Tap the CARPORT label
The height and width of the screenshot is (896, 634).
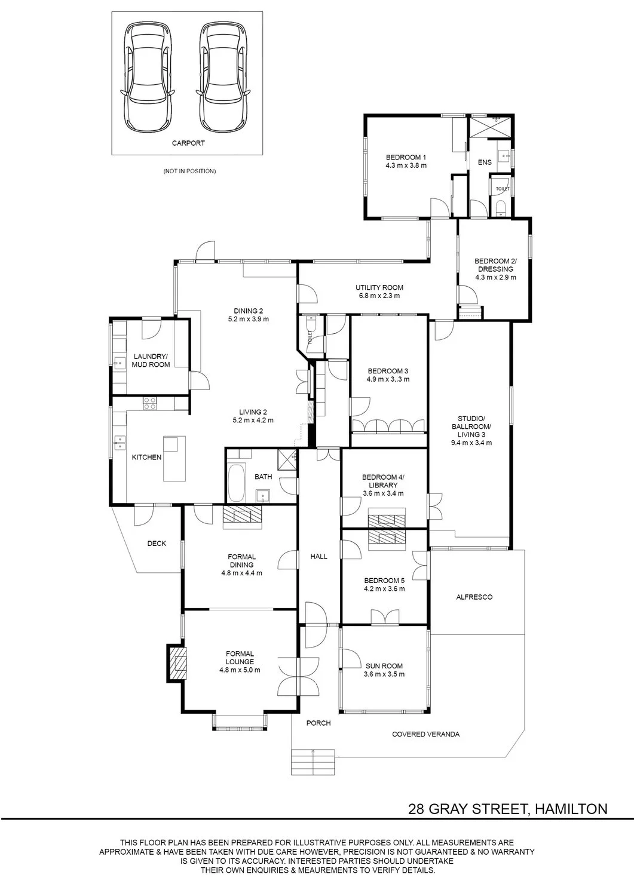pyautogui.click(x=188, y=143)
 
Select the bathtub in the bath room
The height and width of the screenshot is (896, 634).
pyautogui.click(x=236, y=483)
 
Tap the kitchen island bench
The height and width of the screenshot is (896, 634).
pyautogui.click(x=174, y=459)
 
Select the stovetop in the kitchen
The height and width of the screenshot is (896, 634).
pyautogui.click(x=150, y=403)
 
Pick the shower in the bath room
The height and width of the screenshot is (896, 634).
pyautogui.click(x=287, y=458)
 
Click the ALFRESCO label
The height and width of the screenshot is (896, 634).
pyautogui.click(x=474, y=597)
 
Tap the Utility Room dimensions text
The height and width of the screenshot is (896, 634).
pyautogui.click(x=379, y=296)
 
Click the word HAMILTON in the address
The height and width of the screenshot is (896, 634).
pyautogui.click(x=571, y=809)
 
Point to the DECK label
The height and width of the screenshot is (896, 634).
pyautogui.click(x=157, y=544)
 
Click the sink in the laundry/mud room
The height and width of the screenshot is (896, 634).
pyautogui.click(x=119, y=364)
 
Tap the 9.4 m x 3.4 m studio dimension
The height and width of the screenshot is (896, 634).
pyautogui.click(x=471, y=443)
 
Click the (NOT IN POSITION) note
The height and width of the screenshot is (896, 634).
pyautogui.click(x=189, y=171)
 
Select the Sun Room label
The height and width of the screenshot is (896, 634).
pyautogui.click(x=384, y=666)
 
